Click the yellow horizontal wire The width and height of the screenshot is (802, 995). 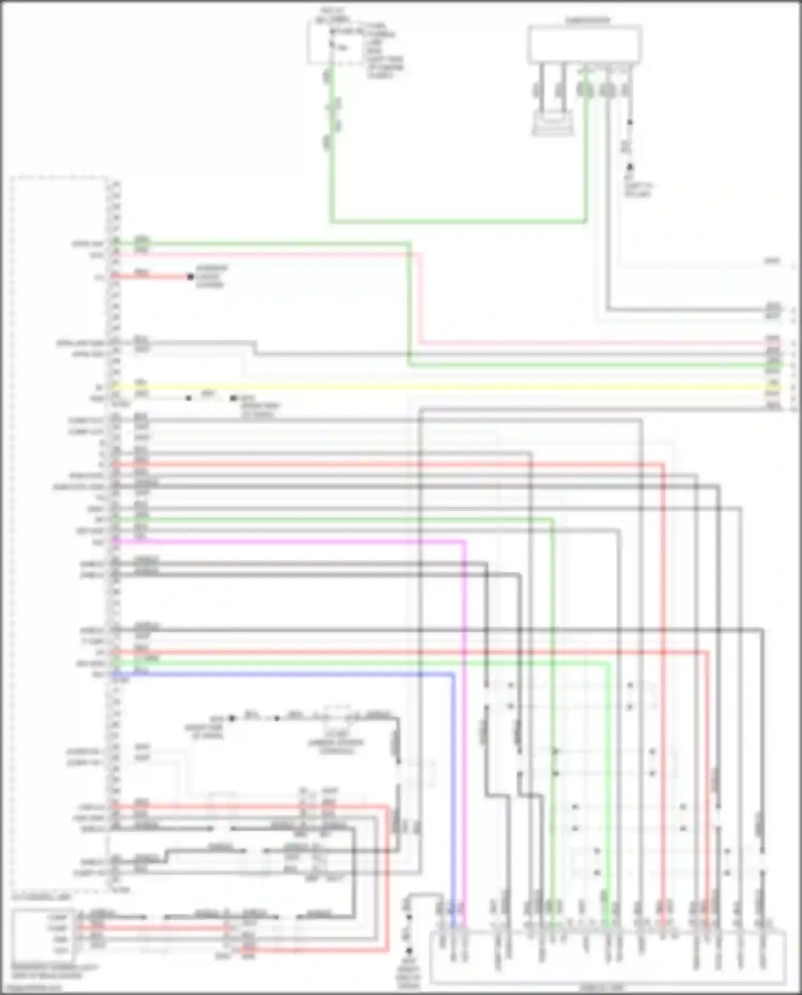pyautogui.click(x=428, y=387)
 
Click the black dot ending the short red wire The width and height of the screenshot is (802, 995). pyautogui.click(x=190, y=276)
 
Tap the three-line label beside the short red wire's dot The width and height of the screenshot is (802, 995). pyautogui.click(x=211, y=276)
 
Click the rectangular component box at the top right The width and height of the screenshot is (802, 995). pyautogui.click(x=585, y=45)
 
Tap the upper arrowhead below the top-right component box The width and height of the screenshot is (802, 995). pyautogui.click(x=630, y=122)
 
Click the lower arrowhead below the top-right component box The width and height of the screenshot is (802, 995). pyautogui.click(x=630, y=167)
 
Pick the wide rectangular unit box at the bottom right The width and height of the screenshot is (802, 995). pyautogui.click(x=608, y=957)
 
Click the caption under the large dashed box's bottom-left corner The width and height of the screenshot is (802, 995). pyautogui.click(x=41, y=899)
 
